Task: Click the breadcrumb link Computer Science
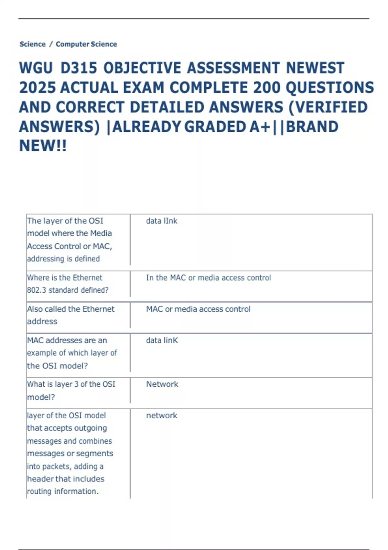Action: click(x=86, y=44)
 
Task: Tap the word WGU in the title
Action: click(x=36, y=68)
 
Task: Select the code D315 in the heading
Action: click(x=79, y=68)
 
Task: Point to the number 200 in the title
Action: click(x=267, y=88)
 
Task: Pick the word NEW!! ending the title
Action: click(x=43, y=146)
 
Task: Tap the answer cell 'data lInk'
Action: click(x=162, y=221)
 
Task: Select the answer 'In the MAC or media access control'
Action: click(x=208, y=278)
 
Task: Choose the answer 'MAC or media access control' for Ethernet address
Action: click(x=198, y=309)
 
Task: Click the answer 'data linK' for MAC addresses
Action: click(x=162, y=340)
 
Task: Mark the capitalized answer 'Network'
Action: click(x=162, y=384)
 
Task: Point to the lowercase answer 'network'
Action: click(x=162, y=415)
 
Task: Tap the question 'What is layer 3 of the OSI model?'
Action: click(x=71, y=390)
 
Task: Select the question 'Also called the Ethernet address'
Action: click(x=70, y=315)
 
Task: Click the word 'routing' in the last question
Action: click(x=39, y=491)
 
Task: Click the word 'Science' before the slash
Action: click(x=32, y=44)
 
